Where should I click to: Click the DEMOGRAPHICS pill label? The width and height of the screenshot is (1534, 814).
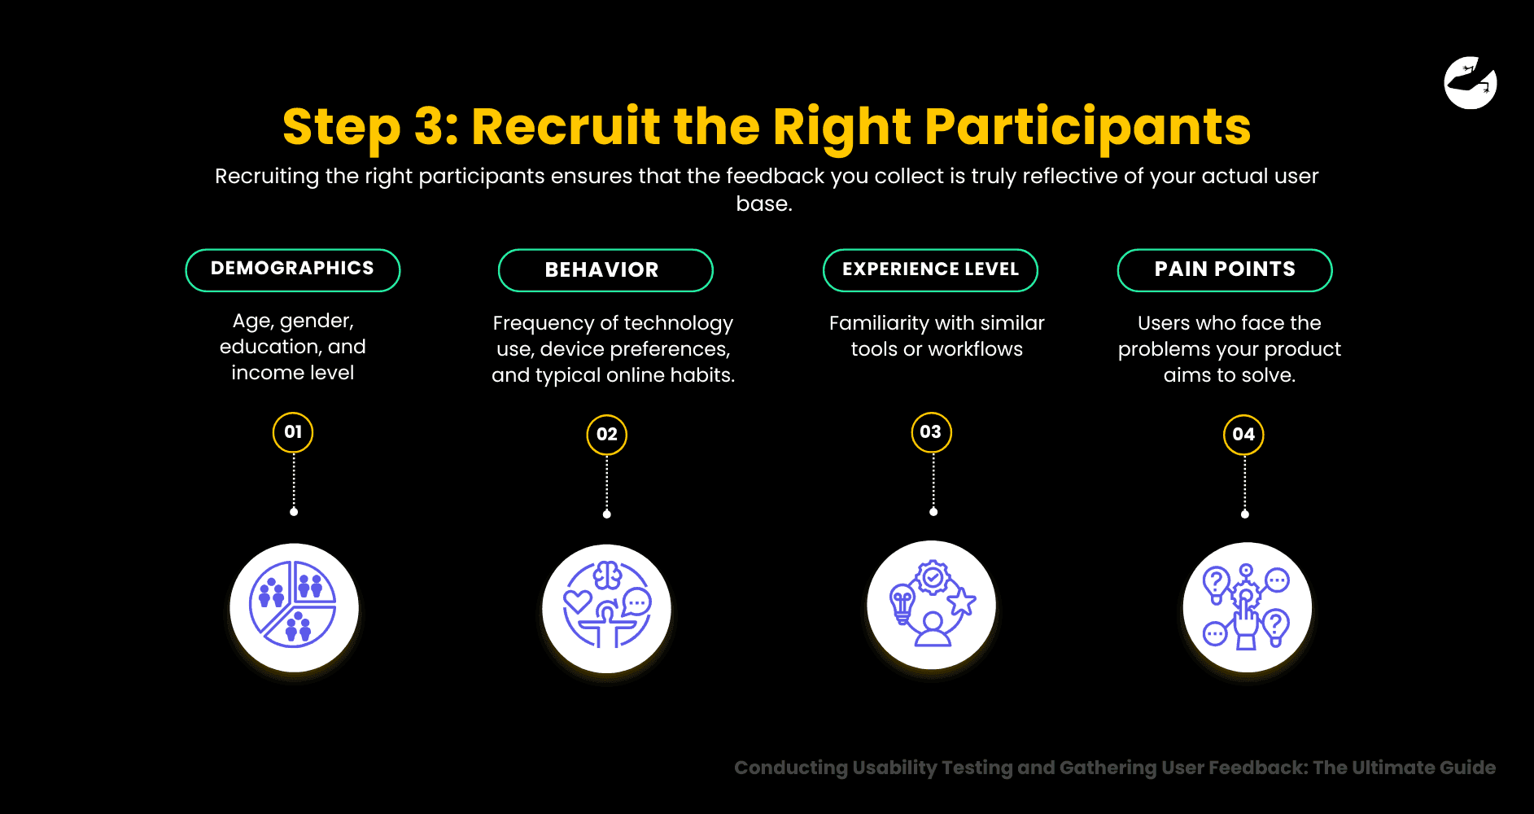click(292, 269)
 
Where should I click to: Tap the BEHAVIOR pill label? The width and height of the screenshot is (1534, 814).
click(605, 270)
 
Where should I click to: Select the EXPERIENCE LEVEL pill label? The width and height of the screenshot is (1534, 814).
click(930, 269)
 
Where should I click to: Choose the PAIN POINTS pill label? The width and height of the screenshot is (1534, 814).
click(1224, 269)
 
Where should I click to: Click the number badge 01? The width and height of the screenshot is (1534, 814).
click(293, 432)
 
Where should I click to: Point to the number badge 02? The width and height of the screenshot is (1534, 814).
click(606, 435)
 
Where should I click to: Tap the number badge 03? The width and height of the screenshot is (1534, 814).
click(931, 432)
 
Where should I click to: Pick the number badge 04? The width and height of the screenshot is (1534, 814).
click(1243, 435)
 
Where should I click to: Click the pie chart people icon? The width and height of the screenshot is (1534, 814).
click(294, 607)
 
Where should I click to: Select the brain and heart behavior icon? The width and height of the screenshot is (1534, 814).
click(606, 607)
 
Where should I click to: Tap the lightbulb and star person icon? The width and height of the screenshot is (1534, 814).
click(931, 605)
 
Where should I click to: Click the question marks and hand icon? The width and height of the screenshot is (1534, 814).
click(1247, 607)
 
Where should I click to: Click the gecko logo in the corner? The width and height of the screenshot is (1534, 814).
click(1471, 83)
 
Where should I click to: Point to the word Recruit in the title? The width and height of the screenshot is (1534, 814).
click(566, 128)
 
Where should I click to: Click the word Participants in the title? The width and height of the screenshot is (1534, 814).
click(1087, 128)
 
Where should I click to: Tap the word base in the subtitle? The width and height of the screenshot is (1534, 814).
click(763, 203)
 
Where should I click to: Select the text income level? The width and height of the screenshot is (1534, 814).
click(292, 373)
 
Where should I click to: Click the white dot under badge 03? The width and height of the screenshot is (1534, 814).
click(933, 512)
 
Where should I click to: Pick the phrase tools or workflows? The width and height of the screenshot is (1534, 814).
click(937, 349)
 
